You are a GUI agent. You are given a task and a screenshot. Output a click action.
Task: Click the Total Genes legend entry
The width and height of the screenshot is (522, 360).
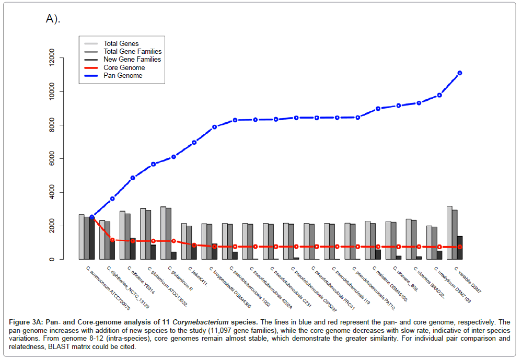coord(121,43)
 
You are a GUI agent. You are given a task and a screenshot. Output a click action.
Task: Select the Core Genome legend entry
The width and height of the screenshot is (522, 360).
coord(124,67)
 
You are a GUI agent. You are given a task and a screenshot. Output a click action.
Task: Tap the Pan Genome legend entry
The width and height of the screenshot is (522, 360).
coord(123,76)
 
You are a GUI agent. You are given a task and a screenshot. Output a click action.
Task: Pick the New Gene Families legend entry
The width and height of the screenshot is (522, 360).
coord(132,60)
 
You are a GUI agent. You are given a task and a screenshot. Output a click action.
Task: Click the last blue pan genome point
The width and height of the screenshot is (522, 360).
coord(460,73)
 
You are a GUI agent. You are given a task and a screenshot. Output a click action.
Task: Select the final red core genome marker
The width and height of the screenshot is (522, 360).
coord(460,247)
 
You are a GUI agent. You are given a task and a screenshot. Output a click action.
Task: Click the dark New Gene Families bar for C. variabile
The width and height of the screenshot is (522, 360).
coord(460,248)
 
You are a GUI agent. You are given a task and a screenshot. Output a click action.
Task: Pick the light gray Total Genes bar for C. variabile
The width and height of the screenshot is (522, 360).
coord(449,233)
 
